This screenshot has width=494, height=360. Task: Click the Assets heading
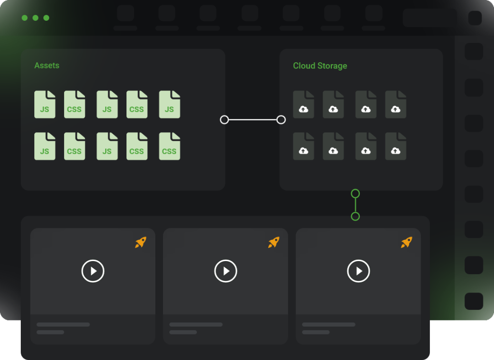[47, 66]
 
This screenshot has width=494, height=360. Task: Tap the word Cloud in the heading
[304, 66]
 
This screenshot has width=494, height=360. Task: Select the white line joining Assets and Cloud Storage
[253, 120]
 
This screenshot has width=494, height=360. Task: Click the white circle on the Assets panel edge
[224, 120]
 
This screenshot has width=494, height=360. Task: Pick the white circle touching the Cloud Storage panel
[281, 120]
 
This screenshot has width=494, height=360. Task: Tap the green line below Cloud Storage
[356, 205]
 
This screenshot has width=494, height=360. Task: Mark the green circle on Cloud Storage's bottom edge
[356, 194]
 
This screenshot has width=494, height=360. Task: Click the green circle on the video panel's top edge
[356, 216]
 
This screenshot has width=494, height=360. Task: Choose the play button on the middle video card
[226, 271]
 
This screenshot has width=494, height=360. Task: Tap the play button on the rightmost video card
[358, 271]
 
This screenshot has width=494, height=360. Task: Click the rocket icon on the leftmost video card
[140, 242]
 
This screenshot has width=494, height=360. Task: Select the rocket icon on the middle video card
[274, 242]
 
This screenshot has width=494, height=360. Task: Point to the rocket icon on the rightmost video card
[407, 242]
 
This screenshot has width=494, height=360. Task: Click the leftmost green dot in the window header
[25, 18]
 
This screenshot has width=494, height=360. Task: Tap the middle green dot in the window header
[36, 18]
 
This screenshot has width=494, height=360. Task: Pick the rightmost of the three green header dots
[46, 18]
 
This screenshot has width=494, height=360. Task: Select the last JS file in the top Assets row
[169, 104]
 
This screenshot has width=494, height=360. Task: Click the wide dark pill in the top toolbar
[429, 18]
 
